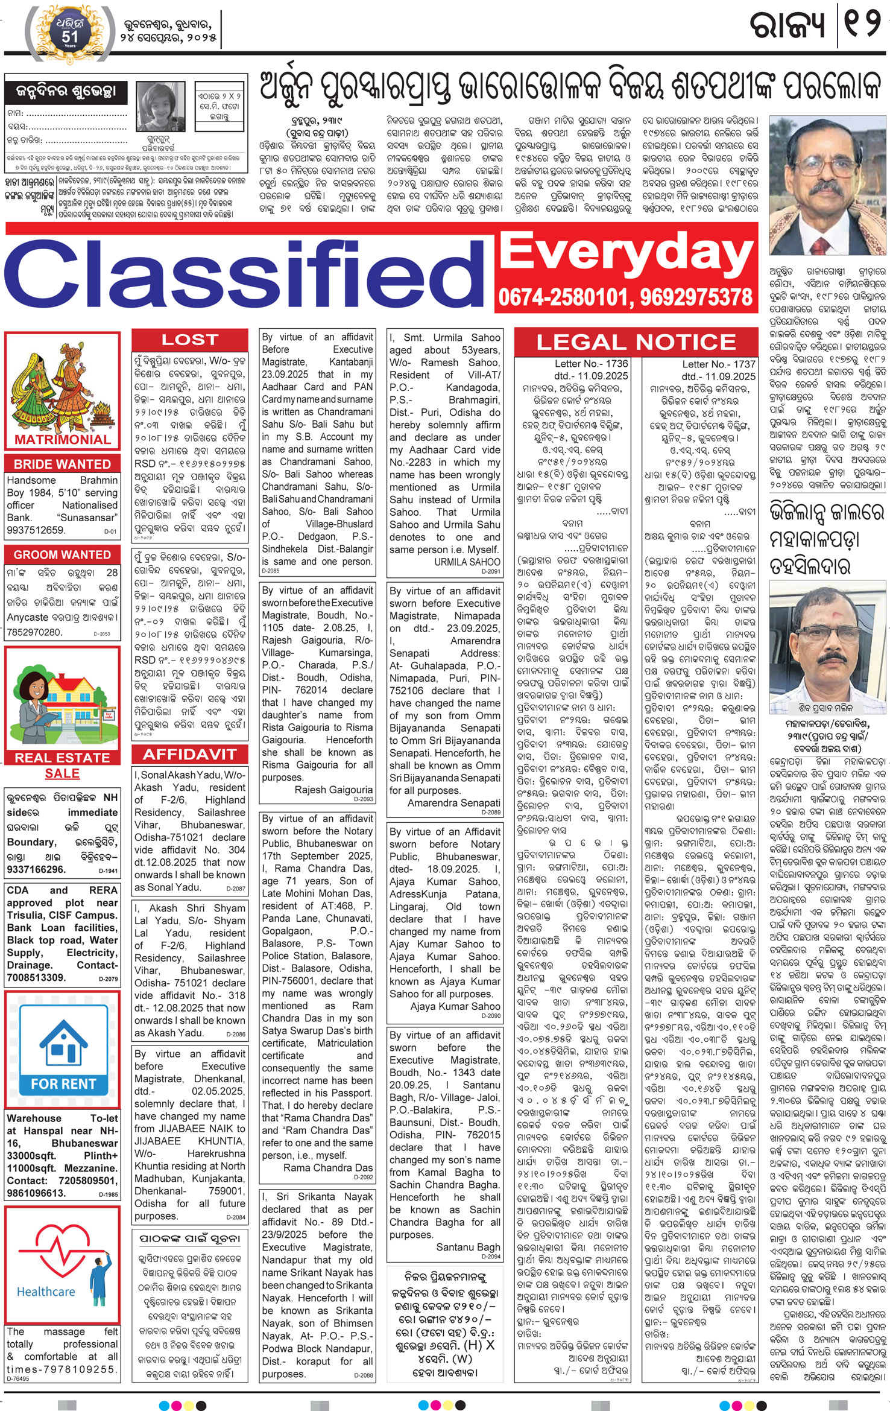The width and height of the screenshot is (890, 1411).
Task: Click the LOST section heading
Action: tap(189, 340)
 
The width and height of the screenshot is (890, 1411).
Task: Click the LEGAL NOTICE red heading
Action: tap(636, 342)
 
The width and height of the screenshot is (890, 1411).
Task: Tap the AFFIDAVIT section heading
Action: tap(189, 754)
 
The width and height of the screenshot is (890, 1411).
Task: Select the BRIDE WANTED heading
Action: tap(62, 464)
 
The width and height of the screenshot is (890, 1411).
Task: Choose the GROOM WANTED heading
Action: tap(62, 554)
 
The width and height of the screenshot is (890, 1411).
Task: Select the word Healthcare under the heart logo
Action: tap(46, 1292)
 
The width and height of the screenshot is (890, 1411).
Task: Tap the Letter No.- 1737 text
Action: tap(718, 364)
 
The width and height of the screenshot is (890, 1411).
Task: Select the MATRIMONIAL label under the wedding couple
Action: tap(63, 439)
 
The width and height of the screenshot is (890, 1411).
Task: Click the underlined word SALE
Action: tap(62, 773)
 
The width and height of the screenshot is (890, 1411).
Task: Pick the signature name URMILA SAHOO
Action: tap(467, 562)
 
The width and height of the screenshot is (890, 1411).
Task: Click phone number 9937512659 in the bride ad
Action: tap(36, 530)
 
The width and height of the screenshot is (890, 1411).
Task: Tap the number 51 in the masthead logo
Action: tap(70, 37)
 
